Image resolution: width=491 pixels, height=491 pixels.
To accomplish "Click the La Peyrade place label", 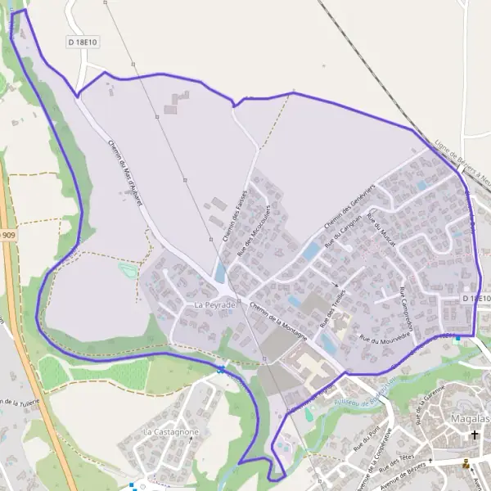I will pos(214,304).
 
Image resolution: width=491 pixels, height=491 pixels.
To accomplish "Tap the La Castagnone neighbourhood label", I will pos(170,431).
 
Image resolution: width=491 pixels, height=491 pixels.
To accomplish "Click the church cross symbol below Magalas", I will pos(474,435).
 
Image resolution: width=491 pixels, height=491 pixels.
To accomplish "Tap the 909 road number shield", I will pos(7,236).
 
